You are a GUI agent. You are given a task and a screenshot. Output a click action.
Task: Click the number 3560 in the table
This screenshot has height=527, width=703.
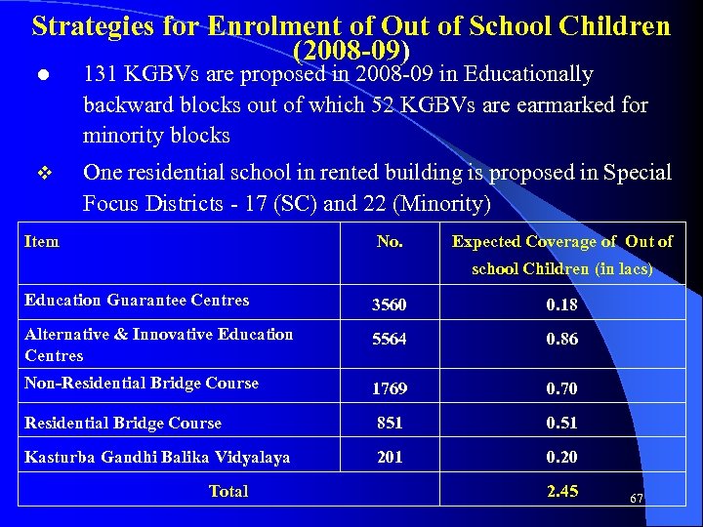point(389,305)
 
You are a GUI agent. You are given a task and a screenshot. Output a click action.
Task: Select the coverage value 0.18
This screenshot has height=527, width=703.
point(561,305)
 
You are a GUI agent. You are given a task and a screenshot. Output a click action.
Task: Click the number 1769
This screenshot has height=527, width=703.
point(389,388)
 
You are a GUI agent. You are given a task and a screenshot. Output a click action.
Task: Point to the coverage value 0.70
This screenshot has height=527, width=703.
point(561,388)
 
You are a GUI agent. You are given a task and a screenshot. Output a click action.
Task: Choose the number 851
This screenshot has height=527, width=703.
point(389,423)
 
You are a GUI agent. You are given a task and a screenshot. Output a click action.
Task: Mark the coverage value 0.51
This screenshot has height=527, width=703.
point(561,423)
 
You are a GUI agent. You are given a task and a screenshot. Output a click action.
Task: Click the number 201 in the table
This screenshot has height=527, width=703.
point(389,457)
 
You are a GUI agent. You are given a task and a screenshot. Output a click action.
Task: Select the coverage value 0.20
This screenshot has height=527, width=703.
point(561,457)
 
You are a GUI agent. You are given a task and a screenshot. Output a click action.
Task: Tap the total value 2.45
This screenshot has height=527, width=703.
point(561,491)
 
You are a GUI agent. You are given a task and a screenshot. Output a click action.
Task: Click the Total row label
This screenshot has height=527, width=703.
point(228,492)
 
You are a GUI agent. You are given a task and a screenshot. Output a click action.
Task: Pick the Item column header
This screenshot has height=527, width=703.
point(41,241)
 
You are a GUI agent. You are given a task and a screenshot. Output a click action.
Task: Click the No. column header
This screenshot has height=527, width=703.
point(390,241)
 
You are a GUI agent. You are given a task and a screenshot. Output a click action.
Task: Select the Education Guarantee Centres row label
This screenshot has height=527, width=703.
point(137,301)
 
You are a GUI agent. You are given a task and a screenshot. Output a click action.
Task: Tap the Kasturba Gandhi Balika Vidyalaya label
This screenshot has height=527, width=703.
point(156,457)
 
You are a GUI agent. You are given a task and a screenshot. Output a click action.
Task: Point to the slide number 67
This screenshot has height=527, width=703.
point(637,498)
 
